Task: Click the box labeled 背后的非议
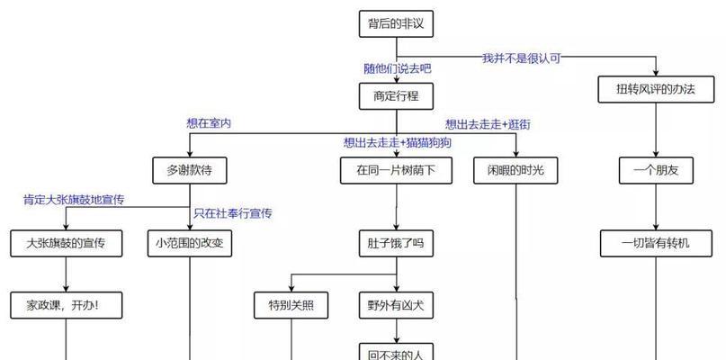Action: (x=396, y=23)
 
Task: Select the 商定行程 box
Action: (x=396, y=96)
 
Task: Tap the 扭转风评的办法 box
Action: (x=656, y=89)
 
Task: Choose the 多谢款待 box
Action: (x=189, y=170)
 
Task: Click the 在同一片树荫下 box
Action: (x=396, y=170)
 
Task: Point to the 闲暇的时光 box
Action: (x=515, y=170)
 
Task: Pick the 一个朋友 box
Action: (x=656, y=170)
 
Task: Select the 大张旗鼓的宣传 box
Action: (x=67, y=243)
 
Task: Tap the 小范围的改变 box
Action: (x=189, y=243)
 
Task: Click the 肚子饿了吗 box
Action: (x=396, y=243)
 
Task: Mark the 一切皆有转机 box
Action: (x=656, y=243)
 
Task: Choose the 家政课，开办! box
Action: (x=67, y=305)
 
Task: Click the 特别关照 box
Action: (x=291, y=305)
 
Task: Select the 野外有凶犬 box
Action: (x=396, y=305)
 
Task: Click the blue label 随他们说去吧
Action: (x=398, y=69)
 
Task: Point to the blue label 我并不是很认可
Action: (x=522, y=58)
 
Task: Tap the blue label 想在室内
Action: (x=209, y=123)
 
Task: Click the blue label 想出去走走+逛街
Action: (x=488, y=124)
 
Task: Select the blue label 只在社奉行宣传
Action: (x=232, y=213)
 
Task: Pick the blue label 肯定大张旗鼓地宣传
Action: (x=74, y=200)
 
